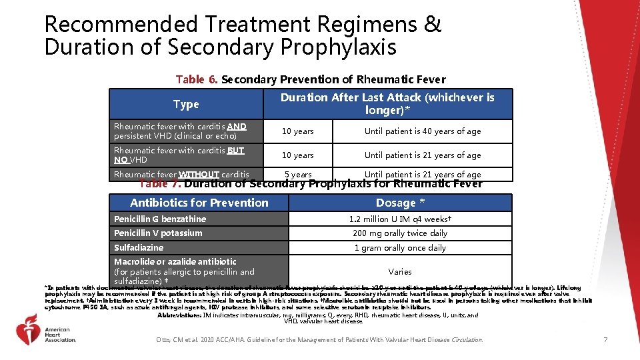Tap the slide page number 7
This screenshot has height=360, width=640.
605,340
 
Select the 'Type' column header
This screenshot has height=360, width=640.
186,104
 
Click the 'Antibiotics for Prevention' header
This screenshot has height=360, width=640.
199,203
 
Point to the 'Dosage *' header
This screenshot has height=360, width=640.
400,203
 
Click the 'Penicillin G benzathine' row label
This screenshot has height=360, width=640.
160,219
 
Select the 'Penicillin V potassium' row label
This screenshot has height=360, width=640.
158,233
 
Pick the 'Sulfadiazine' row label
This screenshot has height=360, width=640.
139,247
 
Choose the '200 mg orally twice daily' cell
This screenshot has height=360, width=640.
400,233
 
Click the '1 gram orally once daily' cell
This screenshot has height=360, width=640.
400,248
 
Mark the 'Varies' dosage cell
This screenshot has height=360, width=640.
400,271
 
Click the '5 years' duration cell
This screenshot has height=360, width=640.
298,175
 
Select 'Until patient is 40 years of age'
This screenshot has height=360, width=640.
422,131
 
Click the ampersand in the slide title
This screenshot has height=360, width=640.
433,25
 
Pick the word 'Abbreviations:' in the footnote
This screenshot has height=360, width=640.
183,315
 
